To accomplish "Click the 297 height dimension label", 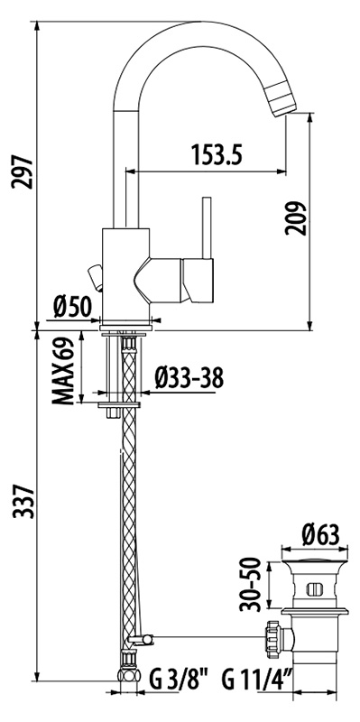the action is (23, 172).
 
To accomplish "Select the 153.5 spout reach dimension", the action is (217, 154).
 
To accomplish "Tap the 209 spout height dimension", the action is (296, 218).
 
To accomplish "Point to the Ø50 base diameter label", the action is (72, 307).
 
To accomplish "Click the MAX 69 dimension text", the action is (63, 371).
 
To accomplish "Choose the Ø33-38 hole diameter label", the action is (189, 378).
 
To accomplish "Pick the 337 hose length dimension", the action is (23, 502).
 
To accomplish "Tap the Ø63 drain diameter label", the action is (320, 535).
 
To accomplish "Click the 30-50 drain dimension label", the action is (251, 584).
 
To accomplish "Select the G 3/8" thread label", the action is (178, 680).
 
